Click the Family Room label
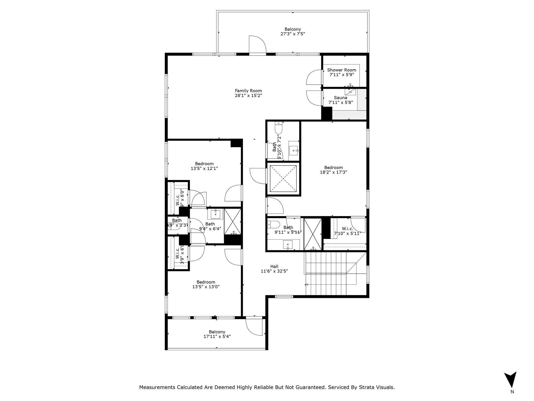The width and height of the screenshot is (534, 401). click(248, 91)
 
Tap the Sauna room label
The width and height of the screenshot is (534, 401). click(341, 98)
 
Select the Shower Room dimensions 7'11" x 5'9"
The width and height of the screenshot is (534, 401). click(342, 75)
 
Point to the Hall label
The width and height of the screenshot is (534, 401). click(274, 266)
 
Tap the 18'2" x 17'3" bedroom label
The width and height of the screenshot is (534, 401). click(333, 170)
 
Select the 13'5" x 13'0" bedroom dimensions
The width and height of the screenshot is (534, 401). click(206, 287)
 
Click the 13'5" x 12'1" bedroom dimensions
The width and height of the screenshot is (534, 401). click(204, 169)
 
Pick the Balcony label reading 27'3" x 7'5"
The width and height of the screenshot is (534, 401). click(293, 32)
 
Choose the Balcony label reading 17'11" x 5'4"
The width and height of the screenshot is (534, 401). click(217, 334)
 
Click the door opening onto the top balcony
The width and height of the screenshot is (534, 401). click(257, 45)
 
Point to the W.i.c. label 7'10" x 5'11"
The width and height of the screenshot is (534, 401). click(348, 231)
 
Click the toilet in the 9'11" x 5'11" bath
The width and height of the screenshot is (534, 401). click(273, 224)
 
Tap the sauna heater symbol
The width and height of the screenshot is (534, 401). click(350, 92)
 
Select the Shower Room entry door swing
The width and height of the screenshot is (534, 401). click(314, 78)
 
